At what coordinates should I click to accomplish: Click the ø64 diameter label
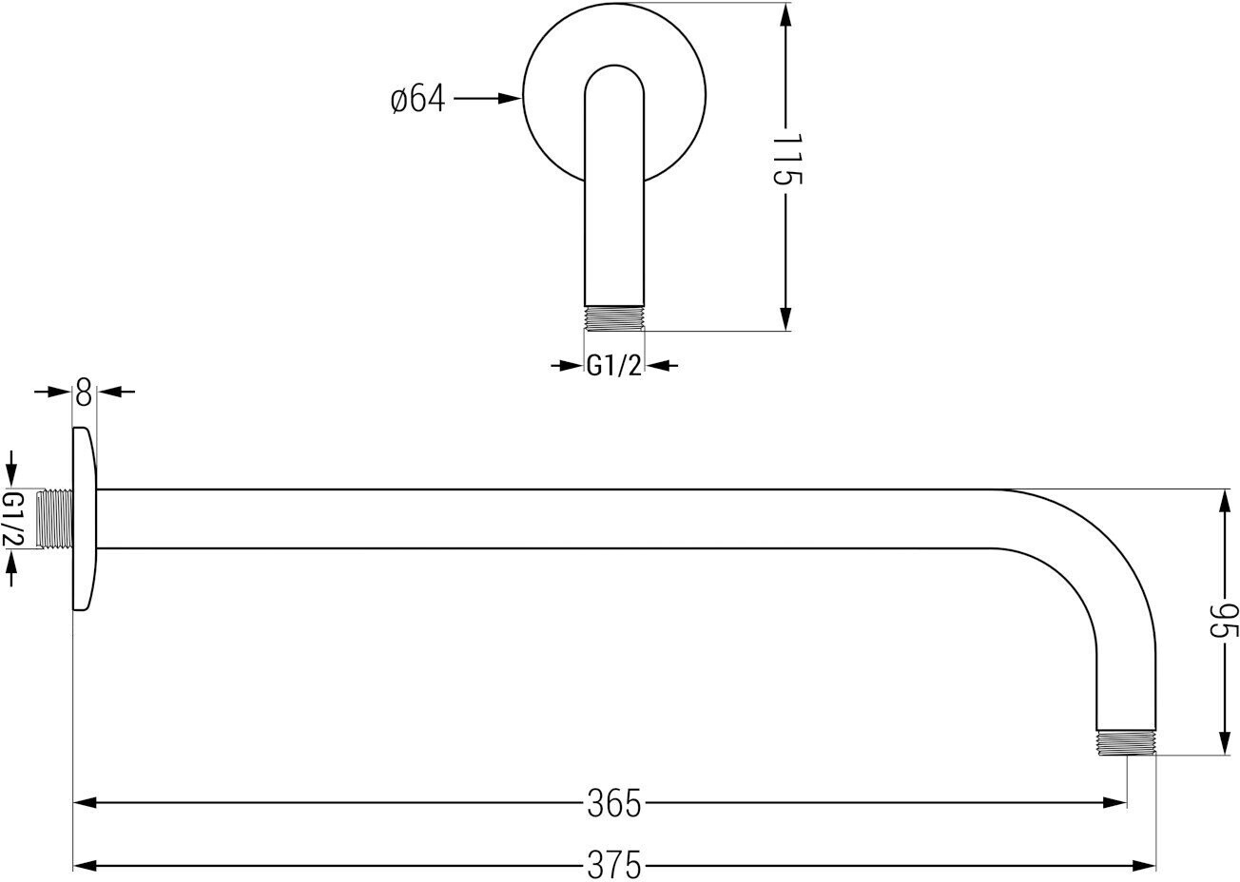click(x=417, y=100)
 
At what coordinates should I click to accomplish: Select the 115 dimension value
click(x=786, y=160)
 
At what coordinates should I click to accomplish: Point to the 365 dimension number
click(x=614, y=803)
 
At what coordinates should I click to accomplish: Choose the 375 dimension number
click(x=614, y=864)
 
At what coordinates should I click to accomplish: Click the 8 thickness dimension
click(x=84, y=392)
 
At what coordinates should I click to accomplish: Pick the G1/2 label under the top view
click(x=614, y=366)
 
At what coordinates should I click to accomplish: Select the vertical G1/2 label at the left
click(x=13, y=519)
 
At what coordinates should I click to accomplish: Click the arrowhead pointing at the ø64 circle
click(x=510, y=99)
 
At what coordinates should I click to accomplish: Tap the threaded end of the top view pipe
click(x=614, y=318)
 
